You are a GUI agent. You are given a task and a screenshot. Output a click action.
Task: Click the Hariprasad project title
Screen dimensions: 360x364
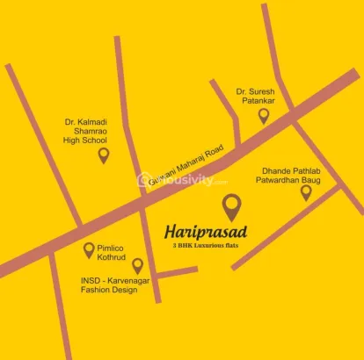206,232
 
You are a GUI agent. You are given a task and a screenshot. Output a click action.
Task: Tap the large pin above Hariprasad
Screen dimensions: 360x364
231,206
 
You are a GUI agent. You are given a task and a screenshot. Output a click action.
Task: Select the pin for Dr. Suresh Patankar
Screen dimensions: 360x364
263,115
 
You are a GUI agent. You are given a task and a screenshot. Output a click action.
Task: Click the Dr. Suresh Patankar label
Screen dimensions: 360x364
255,96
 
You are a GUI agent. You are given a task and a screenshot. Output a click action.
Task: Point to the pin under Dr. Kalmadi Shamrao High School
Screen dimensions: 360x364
104,155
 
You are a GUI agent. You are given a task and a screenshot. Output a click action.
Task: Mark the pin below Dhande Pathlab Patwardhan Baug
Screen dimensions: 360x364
306,192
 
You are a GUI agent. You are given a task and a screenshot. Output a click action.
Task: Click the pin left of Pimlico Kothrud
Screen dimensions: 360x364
89,250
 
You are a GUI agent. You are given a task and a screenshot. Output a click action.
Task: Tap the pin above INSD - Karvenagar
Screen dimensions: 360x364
137,265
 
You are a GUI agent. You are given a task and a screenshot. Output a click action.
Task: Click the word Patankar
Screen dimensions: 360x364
257,101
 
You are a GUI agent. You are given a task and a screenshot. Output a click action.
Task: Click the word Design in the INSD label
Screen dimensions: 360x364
120,291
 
